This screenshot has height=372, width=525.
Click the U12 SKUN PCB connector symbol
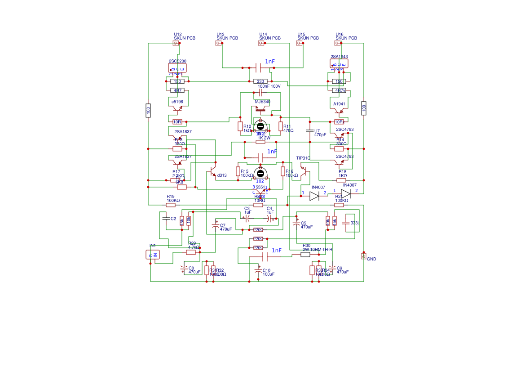[176, 43]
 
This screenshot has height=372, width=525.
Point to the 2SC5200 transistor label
[177, 61]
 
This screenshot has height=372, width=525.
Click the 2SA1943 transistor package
[339, 64]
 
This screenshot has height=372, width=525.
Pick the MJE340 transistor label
[262, 102]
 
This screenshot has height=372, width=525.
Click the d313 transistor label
[222, 175]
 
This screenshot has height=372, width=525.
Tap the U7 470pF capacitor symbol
[309, 131]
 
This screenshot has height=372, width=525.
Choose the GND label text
[371, 259]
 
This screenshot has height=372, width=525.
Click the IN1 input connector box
[153, 255]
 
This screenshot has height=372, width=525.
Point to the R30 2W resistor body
[305, 254]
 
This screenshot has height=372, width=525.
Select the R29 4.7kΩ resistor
[191, 252]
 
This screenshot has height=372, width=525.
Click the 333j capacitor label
[354, 223]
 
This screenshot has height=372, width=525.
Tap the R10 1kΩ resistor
[240, 126]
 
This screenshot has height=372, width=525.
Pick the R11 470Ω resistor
[281, 126]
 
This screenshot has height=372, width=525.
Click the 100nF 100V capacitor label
[269, 86]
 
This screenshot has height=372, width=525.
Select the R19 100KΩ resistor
[171, 205]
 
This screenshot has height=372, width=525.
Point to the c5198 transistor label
[177, 102]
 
